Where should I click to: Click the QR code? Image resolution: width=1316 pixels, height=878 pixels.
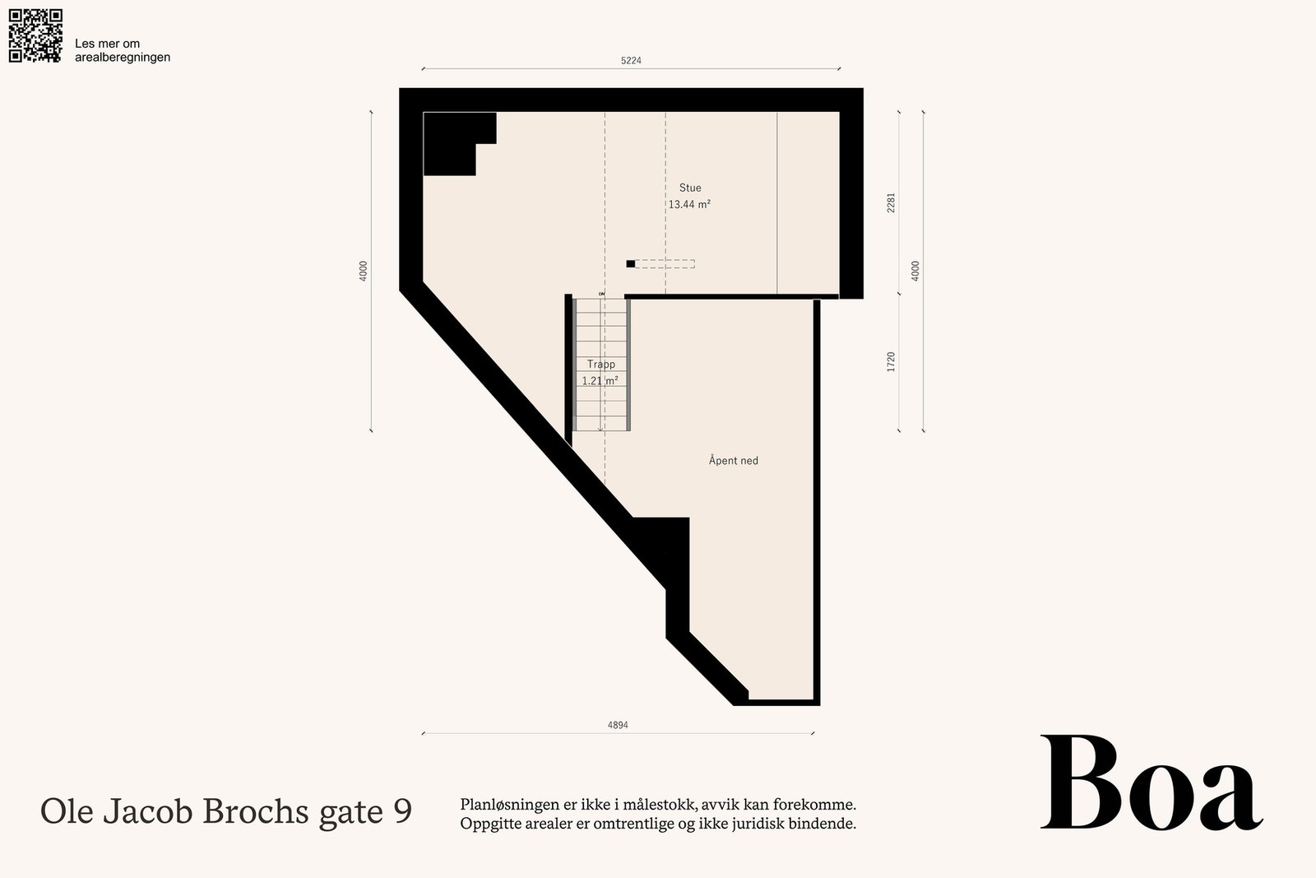pyautogui.click(x=35, y=35)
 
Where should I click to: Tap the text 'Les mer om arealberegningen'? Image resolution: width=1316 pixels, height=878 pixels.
pyautogui.click(x=123, y=50)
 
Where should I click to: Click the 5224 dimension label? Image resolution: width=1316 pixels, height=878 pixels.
pyautogui.click(x=631, y=61)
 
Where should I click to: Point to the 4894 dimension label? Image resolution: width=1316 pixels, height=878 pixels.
pyautogui.click(x=618, y=725)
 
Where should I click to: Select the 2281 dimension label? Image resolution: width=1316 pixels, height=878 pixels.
pyautogui.click(x=892, y=202)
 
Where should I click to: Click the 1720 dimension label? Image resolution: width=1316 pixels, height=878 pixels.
pyautogui.click(x=892, y=362)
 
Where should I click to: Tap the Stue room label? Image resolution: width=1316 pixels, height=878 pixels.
pyautogui.click(x=690, y=188)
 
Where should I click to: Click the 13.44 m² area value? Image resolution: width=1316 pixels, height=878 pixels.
pyautogui.click(x=689, y=205)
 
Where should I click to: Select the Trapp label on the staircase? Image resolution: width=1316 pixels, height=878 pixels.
pyautogui.click(x=601, y=365)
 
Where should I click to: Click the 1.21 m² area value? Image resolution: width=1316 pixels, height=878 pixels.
pyautogui.click(x=600, y=381)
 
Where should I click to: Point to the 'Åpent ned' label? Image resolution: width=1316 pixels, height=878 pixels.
pyautogui.click(x=733, y=460)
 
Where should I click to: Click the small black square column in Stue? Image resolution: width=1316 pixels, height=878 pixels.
pyautogui.click(x=630, y=264)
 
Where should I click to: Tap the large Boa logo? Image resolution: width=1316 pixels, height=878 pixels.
pyautogui.click(x=1151, y=783)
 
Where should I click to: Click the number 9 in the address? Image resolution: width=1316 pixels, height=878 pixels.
pyautogui.click(x=403, y=811)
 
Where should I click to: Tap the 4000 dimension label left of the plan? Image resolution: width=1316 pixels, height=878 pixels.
pyautogui.click(x=363, y=271)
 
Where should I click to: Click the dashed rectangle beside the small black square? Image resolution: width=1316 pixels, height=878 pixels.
pyautogui.click(x=665, y=264)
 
